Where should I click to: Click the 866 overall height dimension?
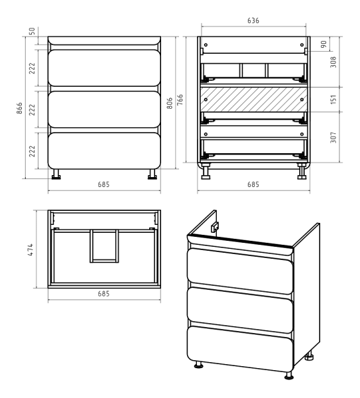tap(19, 108)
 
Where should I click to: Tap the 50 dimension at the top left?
tap(32, 31)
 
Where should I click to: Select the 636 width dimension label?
tap(253, 21)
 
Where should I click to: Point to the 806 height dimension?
tap(170, 103)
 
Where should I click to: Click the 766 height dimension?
tap(180, 99)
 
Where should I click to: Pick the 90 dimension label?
tap(324, 44)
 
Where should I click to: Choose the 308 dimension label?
tap(333, 62)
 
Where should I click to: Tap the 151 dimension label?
tap(333, 99)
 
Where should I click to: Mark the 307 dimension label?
tap(333, 137)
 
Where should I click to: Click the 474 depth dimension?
tap(30, 249)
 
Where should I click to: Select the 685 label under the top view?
tap(104, 294)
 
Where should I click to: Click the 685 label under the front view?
tap(104, 184)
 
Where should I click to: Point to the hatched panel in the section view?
tap(254, 99)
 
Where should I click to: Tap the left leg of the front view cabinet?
tap(56, 174)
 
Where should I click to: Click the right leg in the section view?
tap(302, 171)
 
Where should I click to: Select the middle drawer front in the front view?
tap(104, 109)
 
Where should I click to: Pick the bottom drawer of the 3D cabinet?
tap(240, 349)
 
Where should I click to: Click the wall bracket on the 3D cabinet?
tap(215, 227)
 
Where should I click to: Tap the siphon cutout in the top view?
tap(104, 246)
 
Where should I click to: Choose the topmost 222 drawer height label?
tap(32, 68)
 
